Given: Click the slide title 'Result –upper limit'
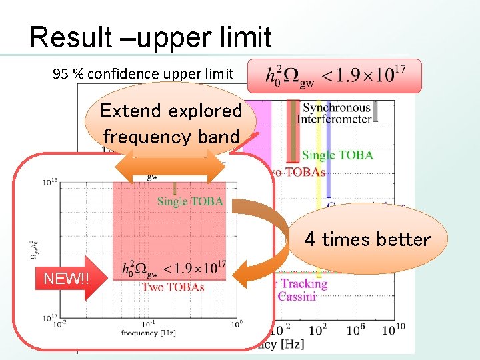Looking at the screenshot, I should point(151,38).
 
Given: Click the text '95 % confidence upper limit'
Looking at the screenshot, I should point(143,74).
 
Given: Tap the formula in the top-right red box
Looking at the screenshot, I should point(335,76).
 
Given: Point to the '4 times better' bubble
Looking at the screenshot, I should point(367,239).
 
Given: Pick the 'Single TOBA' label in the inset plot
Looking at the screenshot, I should point(190,201).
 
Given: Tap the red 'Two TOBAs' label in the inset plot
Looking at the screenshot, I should point(173,287).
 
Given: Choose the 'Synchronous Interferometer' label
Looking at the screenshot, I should point(337,113).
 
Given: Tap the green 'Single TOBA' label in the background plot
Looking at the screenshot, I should point(337,155).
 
